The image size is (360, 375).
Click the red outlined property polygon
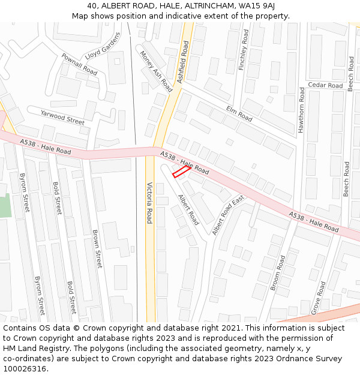(182, 172)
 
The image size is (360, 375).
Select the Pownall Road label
(79, 64)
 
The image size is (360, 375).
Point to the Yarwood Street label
(62, 116)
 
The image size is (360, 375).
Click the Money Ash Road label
(156, 71)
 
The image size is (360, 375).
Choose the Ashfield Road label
(182, 62)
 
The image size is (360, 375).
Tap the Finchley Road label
(243, 50)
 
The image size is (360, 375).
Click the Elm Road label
(239, 113)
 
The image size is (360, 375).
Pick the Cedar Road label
(325, 85)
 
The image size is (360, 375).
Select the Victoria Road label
(149, 203)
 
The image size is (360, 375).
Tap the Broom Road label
(278, 272)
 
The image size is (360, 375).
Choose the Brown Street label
(97, 248)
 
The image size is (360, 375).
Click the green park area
(5, 207)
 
